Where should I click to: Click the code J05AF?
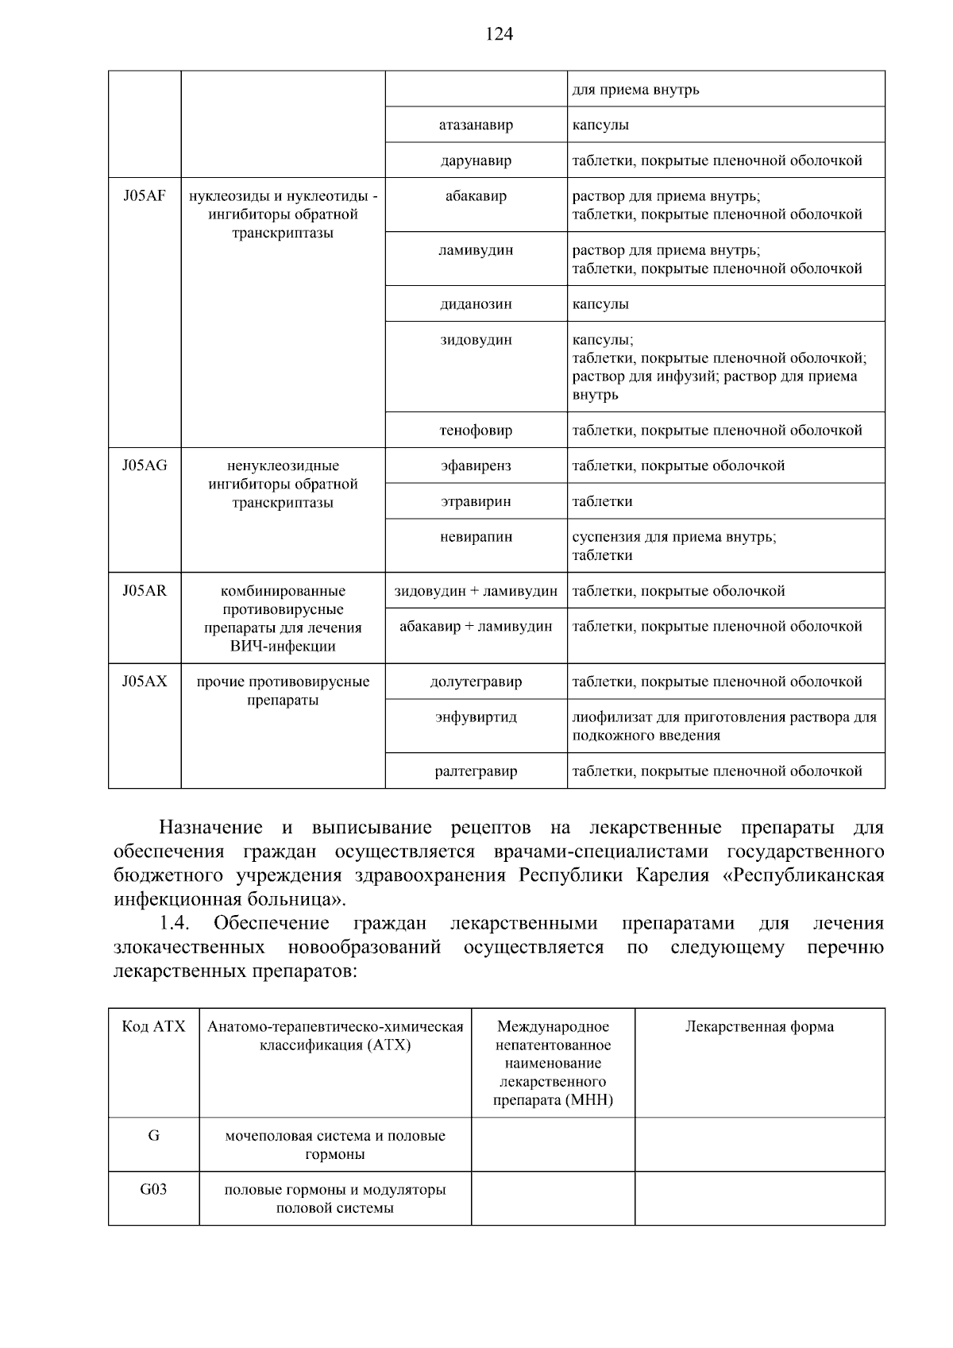coord(145,196)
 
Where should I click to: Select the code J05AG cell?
coord(145,465)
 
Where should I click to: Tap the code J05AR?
coord(145,590)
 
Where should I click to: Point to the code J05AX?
coord(145,681)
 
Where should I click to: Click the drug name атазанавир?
coord(476,125)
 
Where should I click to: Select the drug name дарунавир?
coord(476,160)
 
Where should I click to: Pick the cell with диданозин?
coord(476,303)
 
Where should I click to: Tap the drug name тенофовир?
coord(476,431)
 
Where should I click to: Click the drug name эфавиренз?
coord(476,465)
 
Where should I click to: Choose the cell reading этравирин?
coord(476,501)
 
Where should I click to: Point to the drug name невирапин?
coord(476,537)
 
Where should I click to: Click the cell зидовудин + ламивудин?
coord(476,591)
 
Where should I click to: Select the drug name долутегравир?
coord(476,682)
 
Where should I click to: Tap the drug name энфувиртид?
coord(476,716)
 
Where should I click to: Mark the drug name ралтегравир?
coord(476,771)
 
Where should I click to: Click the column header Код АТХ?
coord(153,1026)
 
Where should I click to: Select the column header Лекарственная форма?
coord(759,1026)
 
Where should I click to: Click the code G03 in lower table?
coord(153,1189)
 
